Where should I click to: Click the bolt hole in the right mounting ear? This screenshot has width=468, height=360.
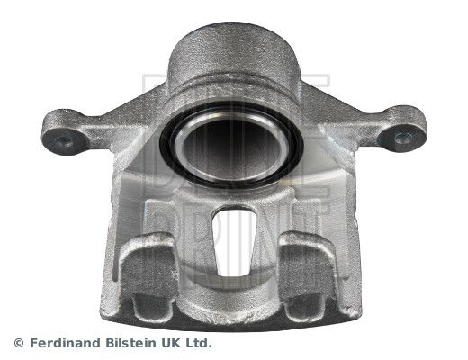(402, 138)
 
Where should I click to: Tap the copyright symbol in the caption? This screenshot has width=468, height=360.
(19, 343)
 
